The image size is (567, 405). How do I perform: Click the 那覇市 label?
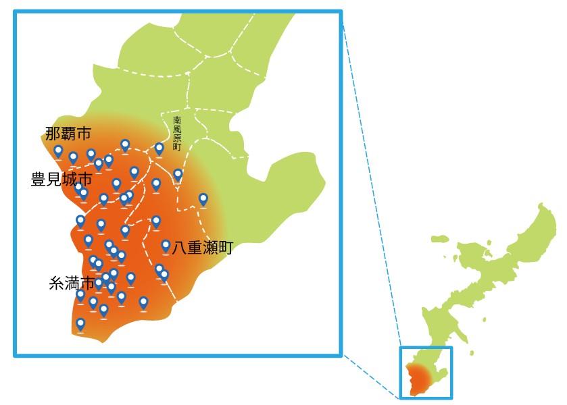[68, 133]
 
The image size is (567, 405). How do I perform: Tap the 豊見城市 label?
[61, 180]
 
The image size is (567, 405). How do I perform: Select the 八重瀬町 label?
[202, 248]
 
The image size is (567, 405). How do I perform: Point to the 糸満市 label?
[71, 283]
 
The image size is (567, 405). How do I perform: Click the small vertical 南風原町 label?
[177, 132]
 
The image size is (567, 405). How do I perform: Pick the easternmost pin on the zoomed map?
[203, 198]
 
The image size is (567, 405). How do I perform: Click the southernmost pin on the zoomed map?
[80, 324]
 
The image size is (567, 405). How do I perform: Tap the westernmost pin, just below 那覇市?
[59, 151]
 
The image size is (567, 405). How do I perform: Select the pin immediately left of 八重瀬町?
[166, 246]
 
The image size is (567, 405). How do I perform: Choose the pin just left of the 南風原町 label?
[159, 148]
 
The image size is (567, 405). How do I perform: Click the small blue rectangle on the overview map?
[426, 373]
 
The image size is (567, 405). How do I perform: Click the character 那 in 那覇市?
[53, 133]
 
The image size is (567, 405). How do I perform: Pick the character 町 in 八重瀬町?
[225, 248]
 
